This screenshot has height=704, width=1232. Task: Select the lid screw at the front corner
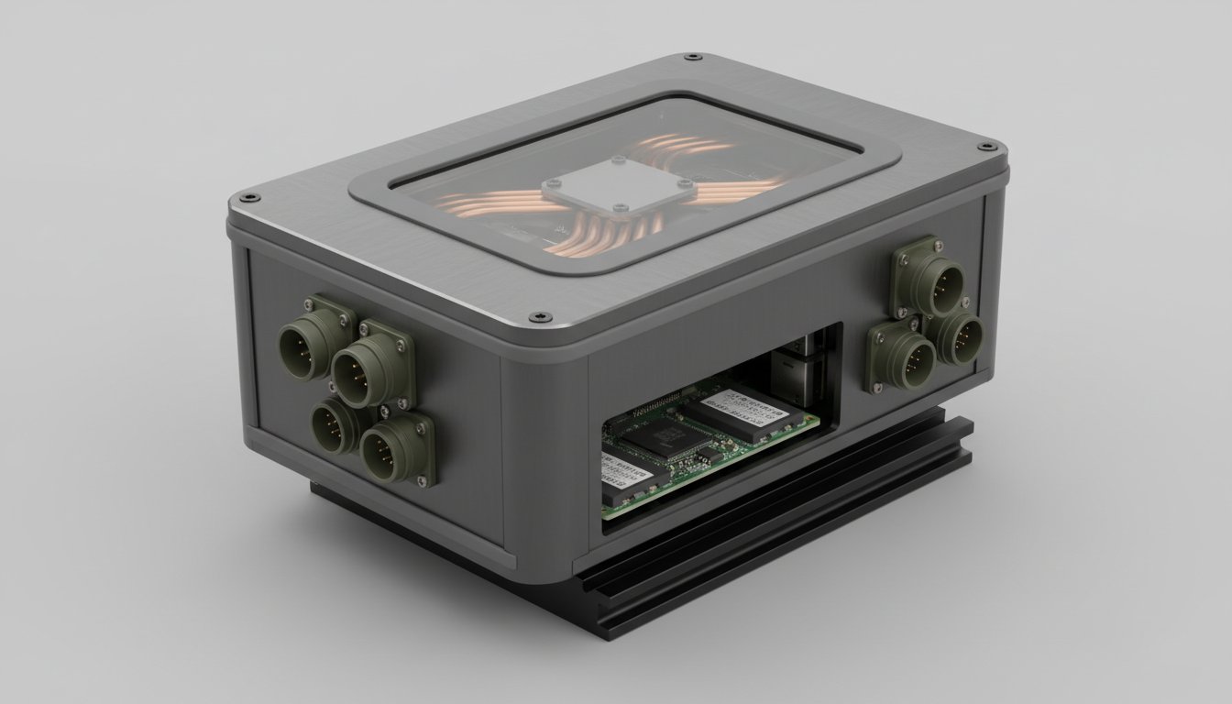pos(534,317)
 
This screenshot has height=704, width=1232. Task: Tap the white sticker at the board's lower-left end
pos(623,472)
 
